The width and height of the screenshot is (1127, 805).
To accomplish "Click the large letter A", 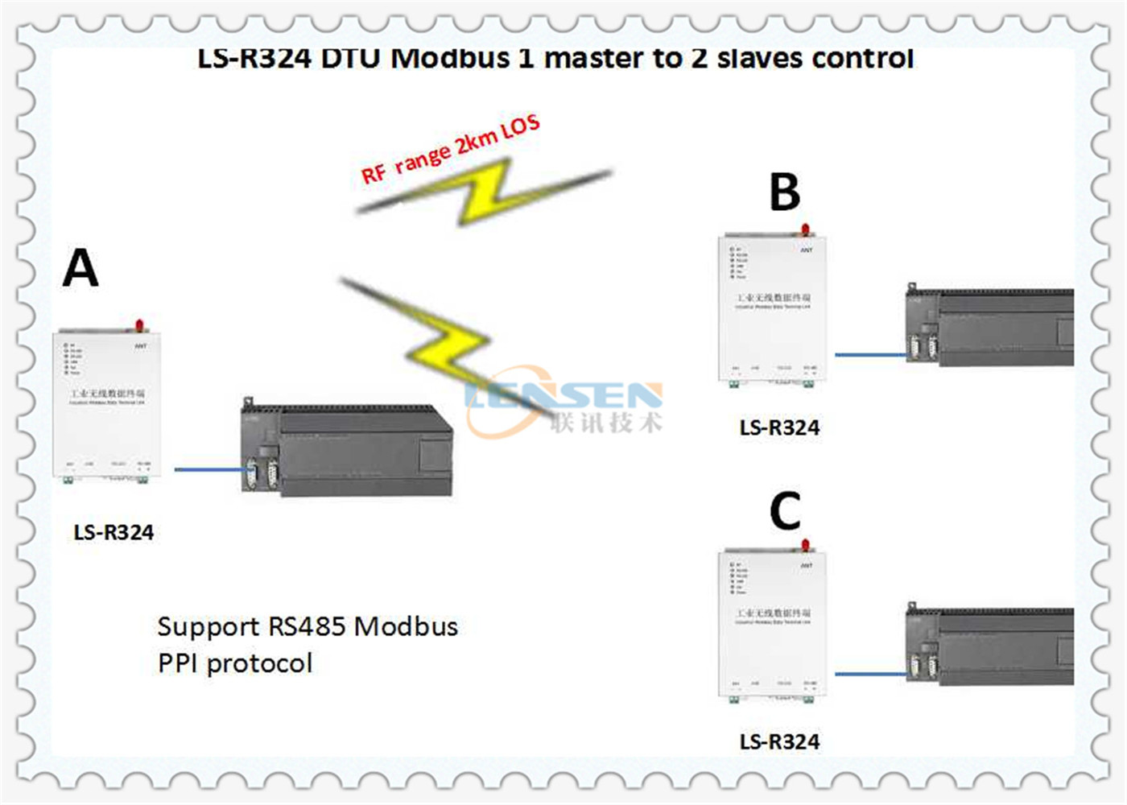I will (80, 268).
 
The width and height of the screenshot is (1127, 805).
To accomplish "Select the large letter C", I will (785, 510).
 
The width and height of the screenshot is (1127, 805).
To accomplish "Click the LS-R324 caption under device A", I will (114, 533).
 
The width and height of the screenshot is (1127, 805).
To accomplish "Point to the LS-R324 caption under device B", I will (779, 428).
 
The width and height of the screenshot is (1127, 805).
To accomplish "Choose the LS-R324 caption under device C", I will (779, 742).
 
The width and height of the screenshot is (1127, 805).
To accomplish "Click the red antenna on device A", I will (139, 325).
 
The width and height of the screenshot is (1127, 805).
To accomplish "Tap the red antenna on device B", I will (805, 229).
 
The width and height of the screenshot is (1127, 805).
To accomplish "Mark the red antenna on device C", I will (805, 545).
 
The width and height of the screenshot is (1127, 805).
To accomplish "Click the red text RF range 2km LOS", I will (450, 150).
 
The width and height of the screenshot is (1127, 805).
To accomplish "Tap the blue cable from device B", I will (869, 354).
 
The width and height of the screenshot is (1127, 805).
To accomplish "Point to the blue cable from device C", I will (869, 673).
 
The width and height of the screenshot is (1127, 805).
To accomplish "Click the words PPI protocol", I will (235, 663).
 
